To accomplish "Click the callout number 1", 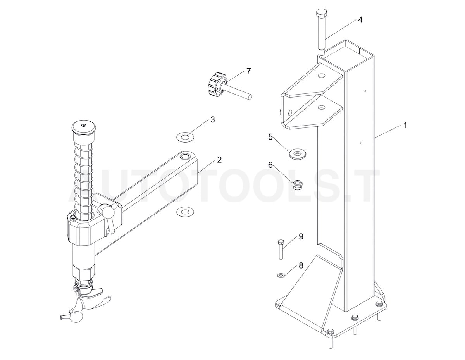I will click(x=405, y=126).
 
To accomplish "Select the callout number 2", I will click(x=219, y=160).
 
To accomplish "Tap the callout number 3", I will click(x=212, y=119).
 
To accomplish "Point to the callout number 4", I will click(x=360, y=20).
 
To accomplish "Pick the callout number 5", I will click(x=270, y=136).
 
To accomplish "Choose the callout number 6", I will click(x=270, y=165).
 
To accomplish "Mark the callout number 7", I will click(x=248, y=71).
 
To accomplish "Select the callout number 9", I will click(x=300, y=236).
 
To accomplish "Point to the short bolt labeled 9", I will click(x=281, y=249).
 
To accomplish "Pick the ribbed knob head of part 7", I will click(x=215, y=84).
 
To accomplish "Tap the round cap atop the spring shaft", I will click(x=83, y=127).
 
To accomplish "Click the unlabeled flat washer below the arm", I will click(x=184, y=212).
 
